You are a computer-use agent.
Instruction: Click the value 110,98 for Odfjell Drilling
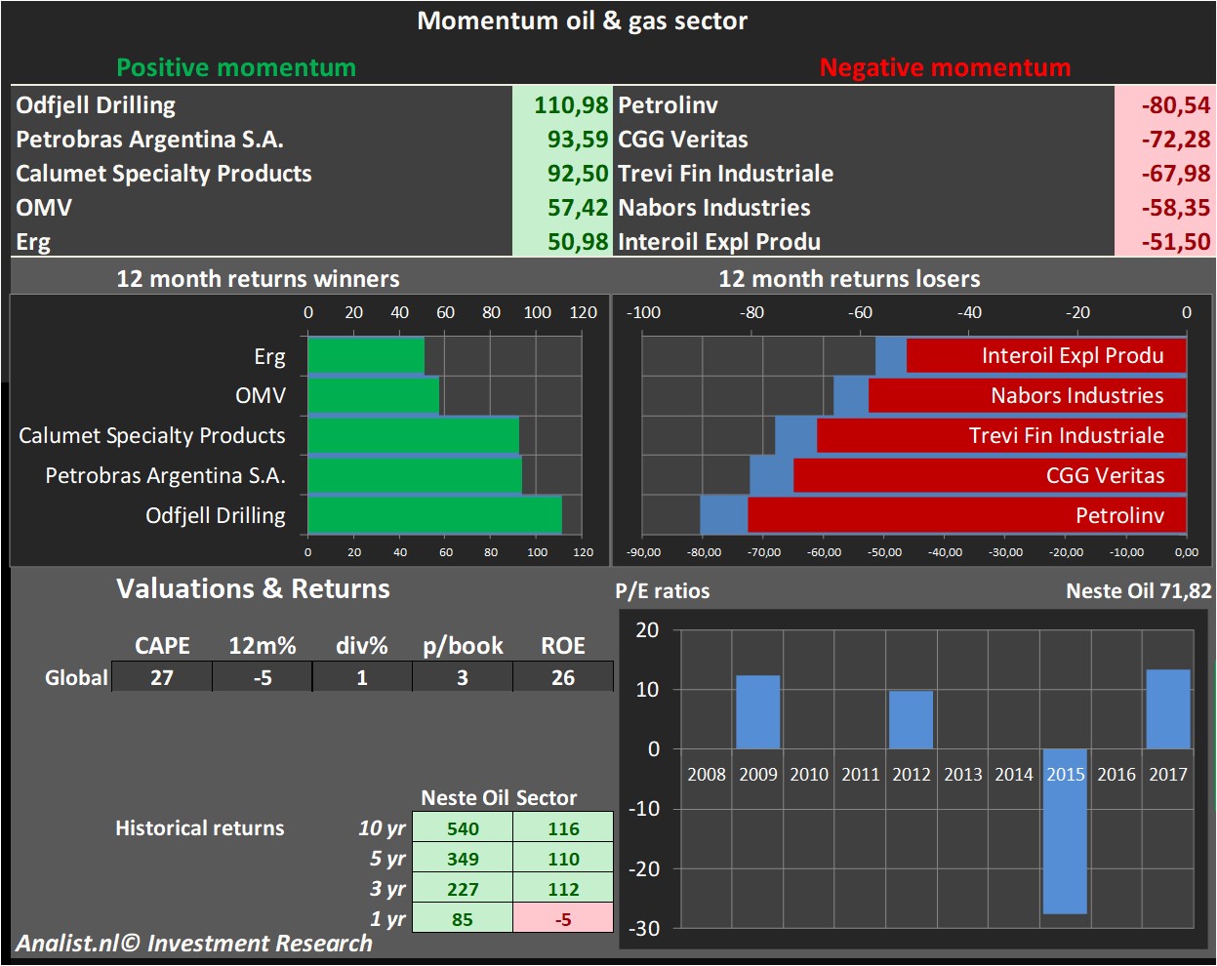point(571,105)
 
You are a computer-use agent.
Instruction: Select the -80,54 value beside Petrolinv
point(1175,105)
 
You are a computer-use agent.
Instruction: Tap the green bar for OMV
point(373,395)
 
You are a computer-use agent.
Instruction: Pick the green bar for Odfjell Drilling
point(434,515)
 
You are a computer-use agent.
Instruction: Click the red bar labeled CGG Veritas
point(990,475)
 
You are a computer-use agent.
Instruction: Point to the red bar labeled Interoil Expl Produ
point(1046,355)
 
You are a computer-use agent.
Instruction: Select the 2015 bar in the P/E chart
point(1064,831)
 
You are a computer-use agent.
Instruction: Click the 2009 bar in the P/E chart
point(757,712)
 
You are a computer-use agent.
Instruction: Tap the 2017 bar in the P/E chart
point(1167,709)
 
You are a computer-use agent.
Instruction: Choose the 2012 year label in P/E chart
point(911,774)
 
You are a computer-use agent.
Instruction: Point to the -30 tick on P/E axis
point(644,929)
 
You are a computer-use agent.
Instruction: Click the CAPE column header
point(162,646)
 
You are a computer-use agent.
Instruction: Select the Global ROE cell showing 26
point(563,677)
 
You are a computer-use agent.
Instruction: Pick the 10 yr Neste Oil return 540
point(463,828)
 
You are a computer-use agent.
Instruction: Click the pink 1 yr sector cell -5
point(563,919)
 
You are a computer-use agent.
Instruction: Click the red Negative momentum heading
point(945,67)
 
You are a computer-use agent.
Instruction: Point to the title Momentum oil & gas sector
point(583,21)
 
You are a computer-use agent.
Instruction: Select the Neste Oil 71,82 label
point(1138,591)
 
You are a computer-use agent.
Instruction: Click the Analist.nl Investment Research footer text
point(194,944)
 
